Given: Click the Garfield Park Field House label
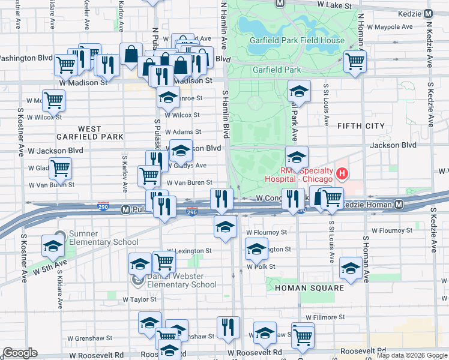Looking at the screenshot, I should (x=298, y=41).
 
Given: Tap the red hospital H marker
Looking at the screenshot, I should (x=342, y=175).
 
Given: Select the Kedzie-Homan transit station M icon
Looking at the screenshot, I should (x=399, y=205).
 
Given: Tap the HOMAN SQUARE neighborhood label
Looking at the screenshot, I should (x=309, y=288).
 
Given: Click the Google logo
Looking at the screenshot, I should (x=20, y=353).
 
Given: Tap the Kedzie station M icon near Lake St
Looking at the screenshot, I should (x=428, y=13).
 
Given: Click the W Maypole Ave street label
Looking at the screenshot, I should (x=391, y=26).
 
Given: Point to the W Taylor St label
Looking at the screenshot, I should (x=139, y=299).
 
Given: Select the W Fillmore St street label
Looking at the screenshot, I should (x=325, y=317).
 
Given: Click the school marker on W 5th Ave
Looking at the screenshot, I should (x=53, y=246).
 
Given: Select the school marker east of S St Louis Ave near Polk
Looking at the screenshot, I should (x=351, y=268).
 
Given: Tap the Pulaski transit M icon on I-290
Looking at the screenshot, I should (x=125, y=210).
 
